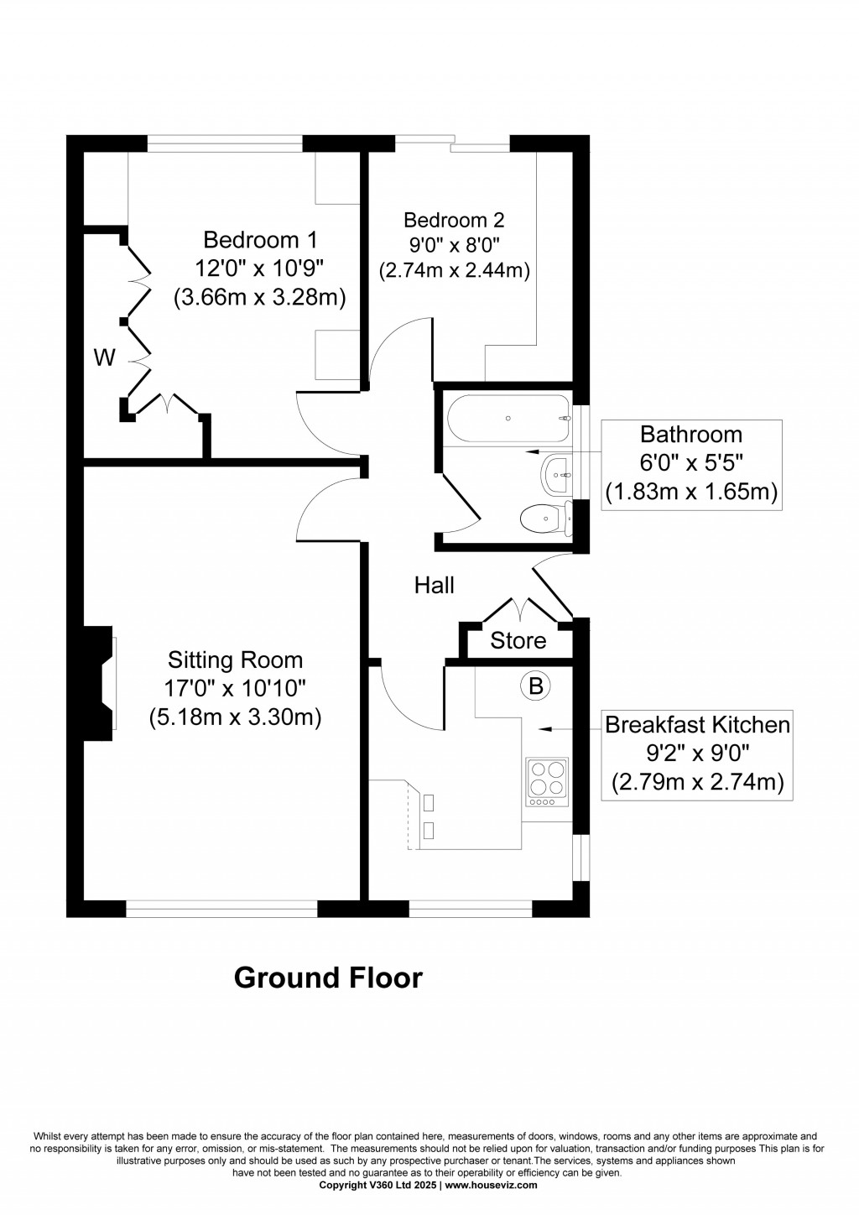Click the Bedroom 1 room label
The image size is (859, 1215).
tap(260, 240)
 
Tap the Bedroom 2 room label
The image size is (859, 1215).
tap(454, 220)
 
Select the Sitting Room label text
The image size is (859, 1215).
tap(235, 660)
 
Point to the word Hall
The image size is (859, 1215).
tap(435, 585)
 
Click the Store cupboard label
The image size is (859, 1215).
tap(518, 641)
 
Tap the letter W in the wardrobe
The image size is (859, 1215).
tap(104, 358)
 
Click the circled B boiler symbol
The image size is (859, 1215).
tap(535, 686)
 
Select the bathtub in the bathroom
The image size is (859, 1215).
tap(508, 418)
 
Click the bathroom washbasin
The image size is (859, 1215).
tap(557, 475)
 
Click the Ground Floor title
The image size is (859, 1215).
tap(328, 978)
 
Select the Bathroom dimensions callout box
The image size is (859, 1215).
tap(692, 464)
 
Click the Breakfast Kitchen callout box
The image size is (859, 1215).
tap(697, 754)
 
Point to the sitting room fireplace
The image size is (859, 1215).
tap(99, 683)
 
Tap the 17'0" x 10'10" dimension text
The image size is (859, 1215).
tap(235, 689)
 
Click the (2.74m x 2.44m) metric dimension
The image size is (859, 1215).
tap(454, 271)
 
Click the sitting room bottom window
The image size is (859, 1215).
tap(221, 908)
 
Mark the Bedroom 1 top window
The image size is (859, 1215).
tap(225, 144)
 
